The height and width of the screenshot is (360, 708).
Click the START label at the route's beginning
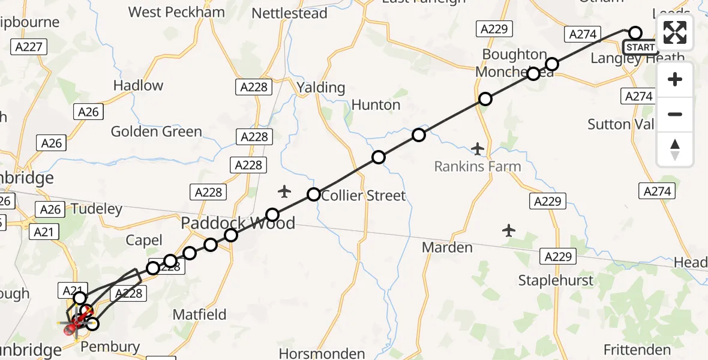coord(640,47)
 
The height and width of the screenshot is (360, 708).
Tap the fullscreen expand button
coord(675,32)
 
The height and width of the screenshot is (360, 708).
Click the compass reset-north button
coord(675,150)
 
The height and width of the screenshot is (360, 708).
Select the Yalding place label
coord(321,88)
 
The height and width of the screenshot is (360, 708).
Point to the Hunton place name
coord(376,105)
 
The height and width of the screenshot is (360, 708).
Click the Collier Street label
coord(364,196)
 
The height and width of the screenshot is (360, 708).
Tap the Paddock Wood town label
coord(238,224)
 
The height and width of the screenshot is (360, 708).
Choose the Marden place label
coord(447,247)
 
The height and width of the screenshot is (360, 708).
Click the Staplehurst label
coord(556,280)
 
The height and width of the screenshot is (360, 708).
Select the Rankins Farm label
coord(478,166)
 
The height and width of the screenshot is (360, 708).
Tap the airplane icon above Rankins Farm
coord(478,148)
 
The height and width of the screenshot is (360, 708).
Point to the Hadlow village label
coord(138,86)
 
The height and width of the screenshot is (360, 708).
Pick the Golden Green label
coord(157,131)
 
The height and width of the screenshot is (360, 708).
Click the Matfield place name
coord(199,314)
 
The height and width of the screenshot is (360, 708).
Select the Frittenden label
coord(637,350)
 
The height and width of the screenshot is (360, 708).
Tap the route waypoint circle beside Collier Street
coord(313,194)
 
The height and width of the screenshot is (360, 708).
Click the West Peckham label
coord(177,12)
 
